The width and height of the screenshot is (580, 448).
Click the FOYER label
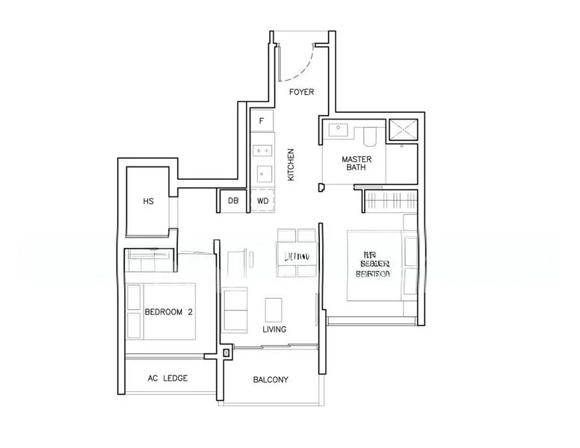301,92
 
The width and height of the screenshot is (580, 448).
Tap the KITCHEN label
291,166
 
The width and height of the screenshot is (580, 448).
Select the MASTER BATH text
357,164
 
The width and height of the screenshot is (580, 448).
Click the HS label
148,201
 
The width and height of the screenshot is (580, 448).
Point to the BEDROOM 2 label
169,313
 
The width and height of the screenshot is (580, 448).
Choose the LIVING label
274,329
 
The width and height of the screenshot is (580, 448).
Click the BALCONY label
271,380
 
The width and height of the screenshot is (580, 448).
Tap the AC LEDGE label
168,379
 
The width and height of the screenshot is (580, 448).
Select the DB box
233,201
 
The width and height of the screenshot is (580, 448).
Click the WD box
263,201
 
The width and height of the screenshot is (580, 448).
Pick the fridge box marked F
262,120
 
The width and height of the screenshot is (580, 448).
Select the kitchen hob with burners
262,150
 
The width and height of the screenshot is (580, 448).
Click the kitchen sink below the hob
262,174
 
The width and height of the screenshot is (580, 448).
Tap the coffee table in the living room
274,308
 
